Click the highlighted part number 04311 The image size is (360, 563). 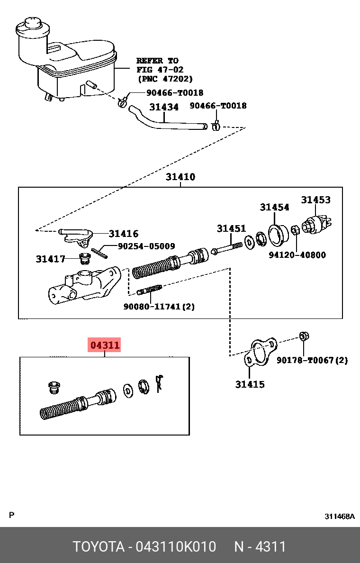click(105, 345)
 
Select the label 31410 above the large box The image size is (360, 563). click(180, 177)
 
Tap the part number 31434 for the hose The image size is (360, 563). click(164, 107)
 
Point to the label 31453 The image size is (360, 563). click(316, 200)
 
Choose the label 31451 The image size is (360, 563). click(231, 228)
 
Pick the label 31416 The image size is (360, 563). click(123, 234)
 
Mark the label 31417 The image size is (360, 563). click(50, 259)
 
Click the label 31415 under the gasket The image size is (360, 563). click(250, 384)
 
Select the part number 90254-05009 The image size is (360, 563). click(146, 246)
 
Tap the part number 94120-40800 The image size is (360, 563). click(297, 255)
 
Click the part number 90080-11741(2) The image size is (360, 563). click(159, 307)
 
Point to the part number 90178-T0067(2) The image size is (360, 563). click(312, 360)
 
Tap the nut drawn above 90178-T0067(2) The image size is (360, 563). click(304, 336)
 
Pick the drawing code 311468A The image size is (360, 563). click(339, 516)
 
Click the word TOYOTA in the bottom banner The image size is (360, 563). click(98, 546)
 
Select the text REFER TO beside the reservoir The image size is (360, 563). click(157, 61)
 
